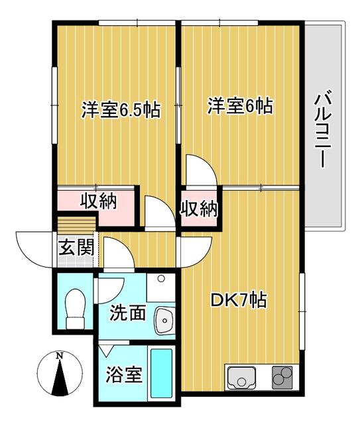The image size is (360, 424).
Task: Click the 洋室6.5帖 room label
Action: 121,109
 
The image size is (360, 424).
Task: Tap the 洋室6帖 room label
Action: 240,106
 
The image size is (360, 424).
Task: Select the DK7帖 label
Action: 239,300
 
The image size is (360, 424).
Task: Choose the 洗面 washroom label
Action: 128,313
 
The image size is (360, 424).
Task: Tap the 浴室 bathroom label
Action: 124,374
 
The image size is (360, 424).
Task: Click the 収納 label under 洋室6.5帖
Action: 99,201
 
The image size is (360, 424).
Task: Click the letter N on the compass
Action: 60,356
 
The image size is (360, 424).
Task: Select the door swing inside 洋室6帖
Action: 201,171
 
